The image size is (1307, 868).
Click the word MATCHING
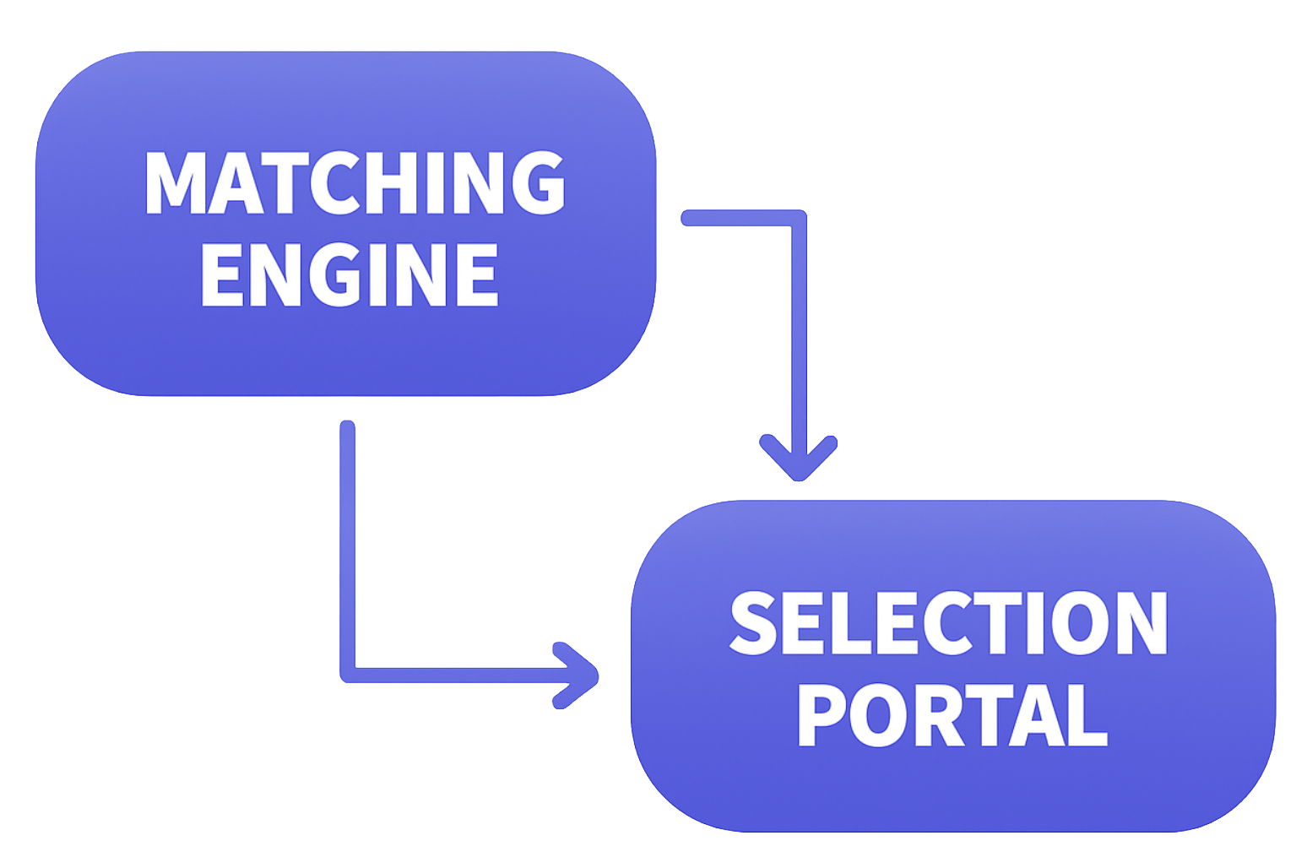point(355,182)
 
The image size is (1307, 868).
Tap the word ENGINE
point(350,274)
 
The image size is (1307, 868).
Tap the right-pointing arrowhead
point(578,675)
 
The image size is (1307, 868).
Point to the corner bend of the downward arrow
point(798,219)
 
